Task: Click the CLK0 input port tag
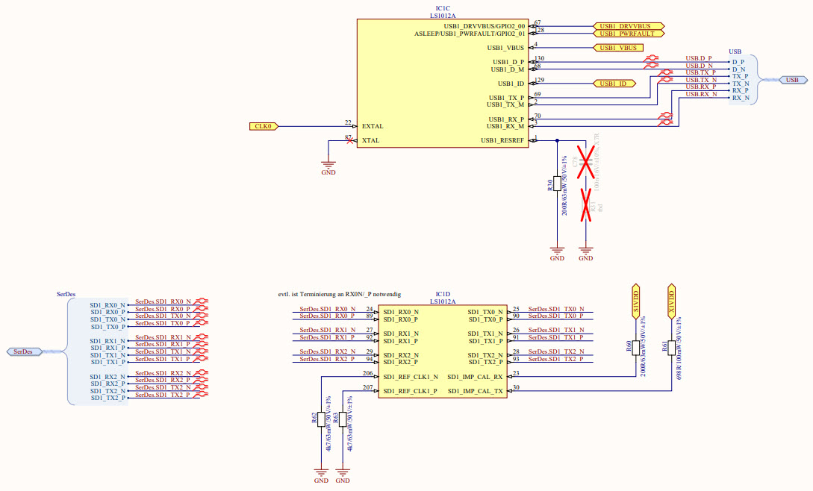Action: coord(264,126)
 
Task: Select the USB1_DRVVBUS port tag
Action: coord(628,26)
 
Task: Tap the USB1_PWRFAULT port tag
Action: coord(628,34)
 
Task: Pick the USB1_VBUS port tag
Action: coord(617,48)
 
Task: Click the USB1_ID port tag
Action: coord(613,84)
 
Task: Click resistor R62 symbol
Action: coord(322,419)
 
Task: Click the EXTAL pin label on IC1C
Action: coord(372,127)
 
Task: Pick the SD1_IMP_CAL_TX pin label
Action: coord(475,391)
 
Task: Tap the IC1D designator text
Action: coord(443,295)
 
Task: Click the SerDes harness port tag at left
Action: coord(23,351)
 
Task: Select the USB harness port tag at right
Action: coord(792,80)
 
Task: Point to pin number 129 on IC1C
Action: coord(539,80)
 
